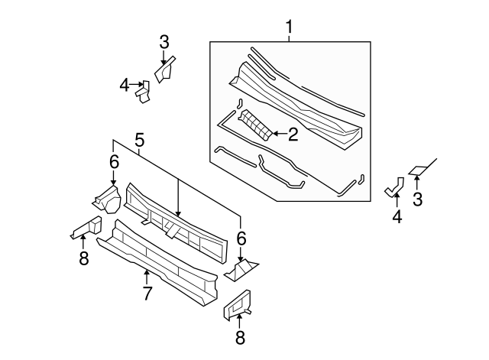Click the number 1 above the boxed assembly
coord(290,28)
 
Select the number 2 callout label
coord(291,135)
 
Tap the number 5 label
coord(139,140)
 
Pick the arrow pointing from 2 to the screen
coord(276,135)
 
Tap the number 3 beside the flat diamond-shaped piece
coord(417,200)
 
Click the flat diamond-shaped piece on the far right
coord(419,170)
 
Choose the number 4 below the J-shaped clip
coord(397,217)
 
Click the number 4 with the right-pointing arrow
coord(125,86)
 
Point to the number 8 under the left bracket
coord(84,259)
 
